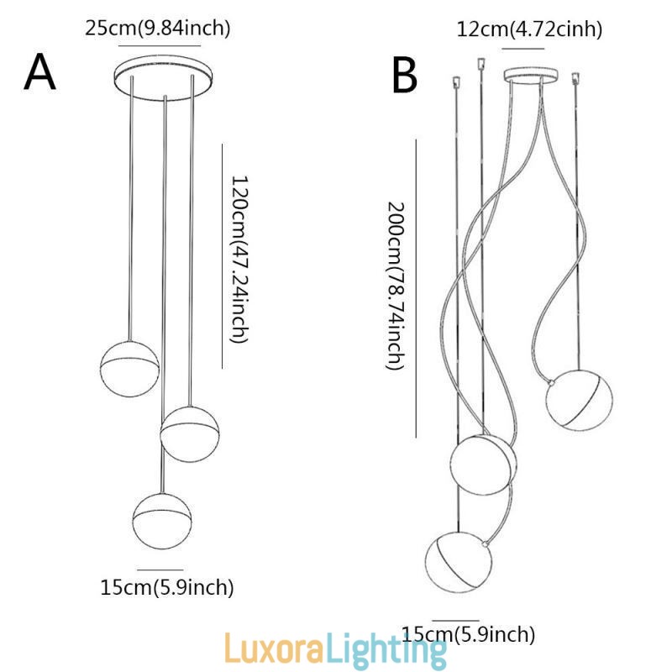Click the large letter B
pyautogui.click(x=405, y=76)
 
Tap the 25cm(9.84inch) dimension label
pyautogui.click(x=158, y=28)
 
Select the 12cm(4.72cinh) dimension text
pyautogui.click(x=529, y=29)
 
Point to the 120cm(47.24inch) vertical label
pyautogui.click(x=239, y=259)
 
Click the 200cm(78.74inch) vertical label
pyautogui.click(x=396, y=286)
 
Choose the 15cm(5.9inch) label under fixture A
pyautogui.click(x=167, y=587)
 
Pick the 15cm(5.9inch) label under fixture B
pyautogui.click(x=468, y=634)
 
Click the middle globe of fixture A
pyautogui.click(x=190, y=432)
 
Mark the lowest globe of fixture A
pyautogui.click(x=161, y=516)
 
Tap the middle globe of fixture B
pyautogui.click(x=483, y=465)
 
